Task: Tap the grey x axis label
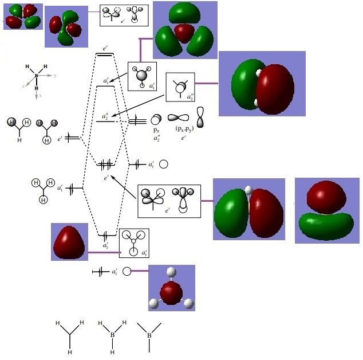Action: pyautogui.click(x=40, y=95)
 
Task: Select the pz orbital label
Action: pyautogui.click(x=156, y=131)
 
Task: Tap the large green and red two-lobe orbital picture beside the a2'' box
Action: pyautogui.click(x=262, y=84)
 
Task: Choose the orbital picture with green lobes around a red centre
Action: pyautogui.click(x=184, y=30)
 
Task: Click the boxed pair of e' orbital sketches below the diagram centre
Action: pyautogui.click(x=169, y=201)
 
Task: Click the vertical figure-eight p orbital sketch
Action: pyautogui.click(x=200, y=116)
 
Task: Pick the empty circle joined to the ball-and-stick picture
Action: pyautogui.click(x=127, y=271)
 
